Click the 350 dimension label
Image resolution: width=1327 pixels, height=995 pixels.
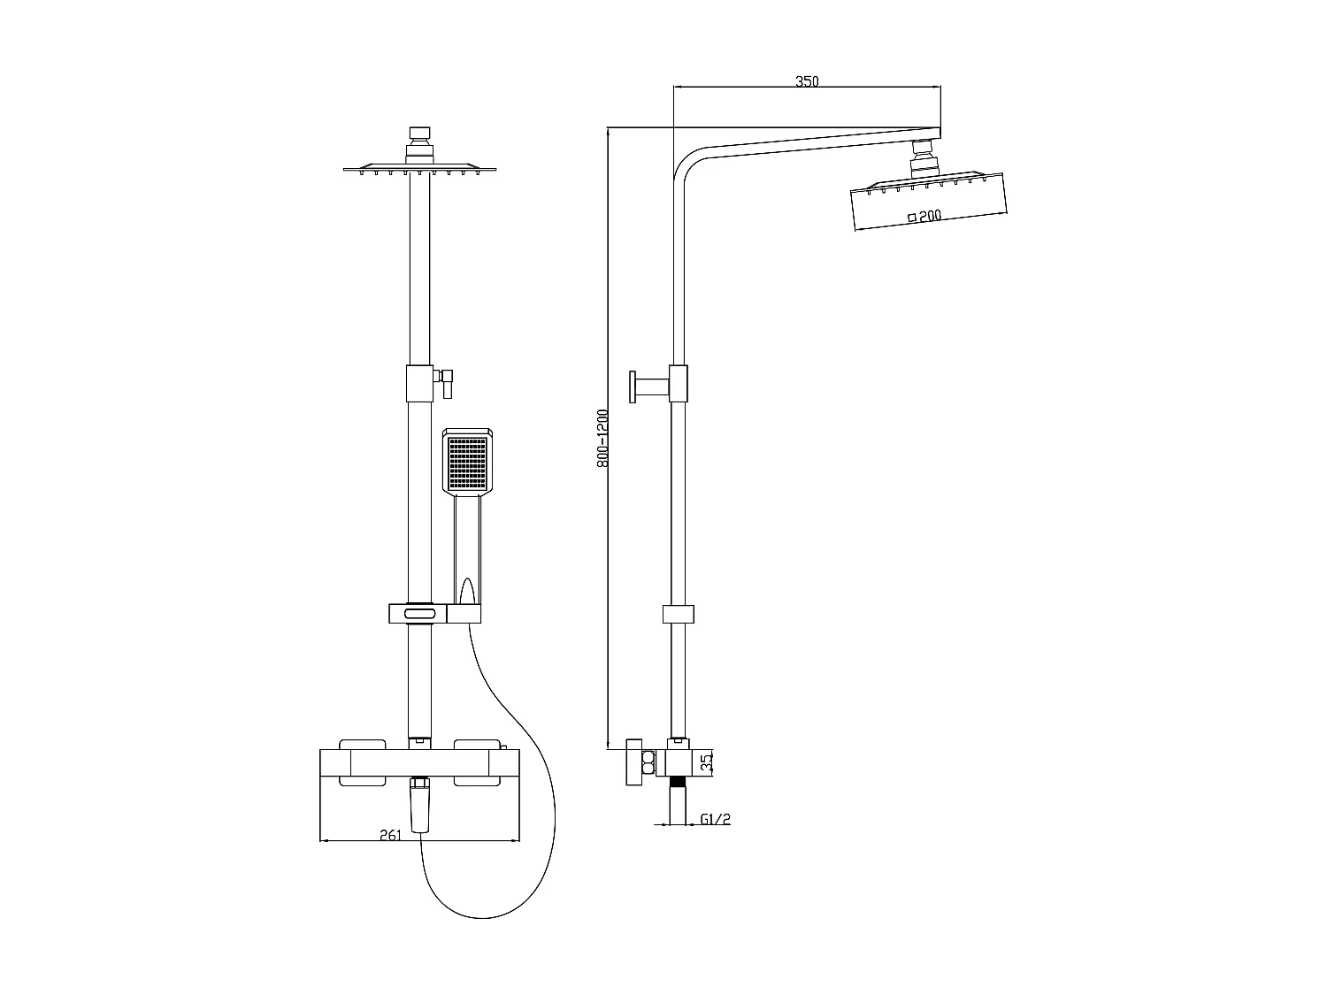807,81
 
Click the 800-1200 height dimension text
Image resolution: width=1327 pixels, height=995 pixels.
602,438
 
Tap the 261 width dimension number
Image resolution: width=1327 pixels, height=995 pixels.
390,834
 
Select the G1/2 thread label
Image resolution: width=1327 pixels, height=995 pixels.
715,820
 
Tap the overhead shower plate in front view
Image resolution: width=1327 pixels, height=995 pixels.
420,167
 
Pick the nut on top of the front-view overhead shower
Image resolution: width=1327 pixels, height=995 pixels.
420,135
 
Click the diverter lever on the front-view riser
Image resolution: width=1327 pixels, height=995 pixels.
447,382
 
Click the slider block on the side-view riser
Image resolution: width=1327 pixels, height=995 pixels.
679,614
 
